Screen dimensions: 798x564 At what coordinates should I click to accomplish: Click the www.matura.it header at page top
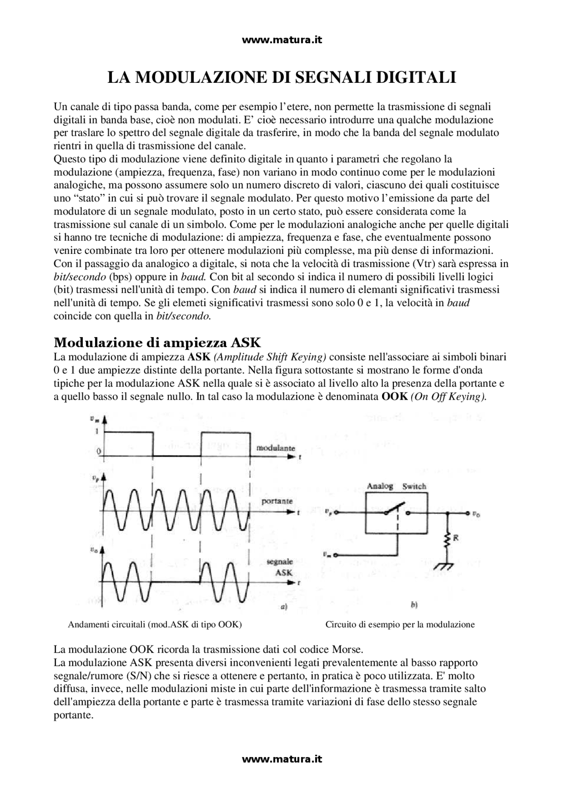282,40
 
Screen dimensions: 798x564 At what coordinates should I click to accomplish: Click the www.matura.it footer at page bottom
282,759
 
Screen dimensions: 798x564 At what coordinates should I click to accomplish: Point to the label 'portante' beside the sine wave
277,501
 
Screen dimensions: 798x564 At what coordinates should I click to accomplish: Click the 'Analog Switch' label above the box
396,486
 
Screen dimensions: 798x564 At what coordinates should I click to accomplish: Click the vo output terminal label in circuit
476,513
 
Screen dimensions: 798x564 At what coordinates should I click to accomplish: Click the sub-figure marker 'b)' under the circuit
414,606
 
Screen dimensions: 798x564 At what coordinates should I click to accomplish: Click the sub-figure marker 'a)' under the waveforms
284,607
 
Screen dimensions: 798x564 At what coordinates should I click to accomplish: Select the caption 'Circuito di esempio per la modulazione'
400,624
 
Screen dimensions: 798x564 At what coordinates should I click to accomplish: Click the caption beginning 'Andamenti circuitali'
155,624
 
